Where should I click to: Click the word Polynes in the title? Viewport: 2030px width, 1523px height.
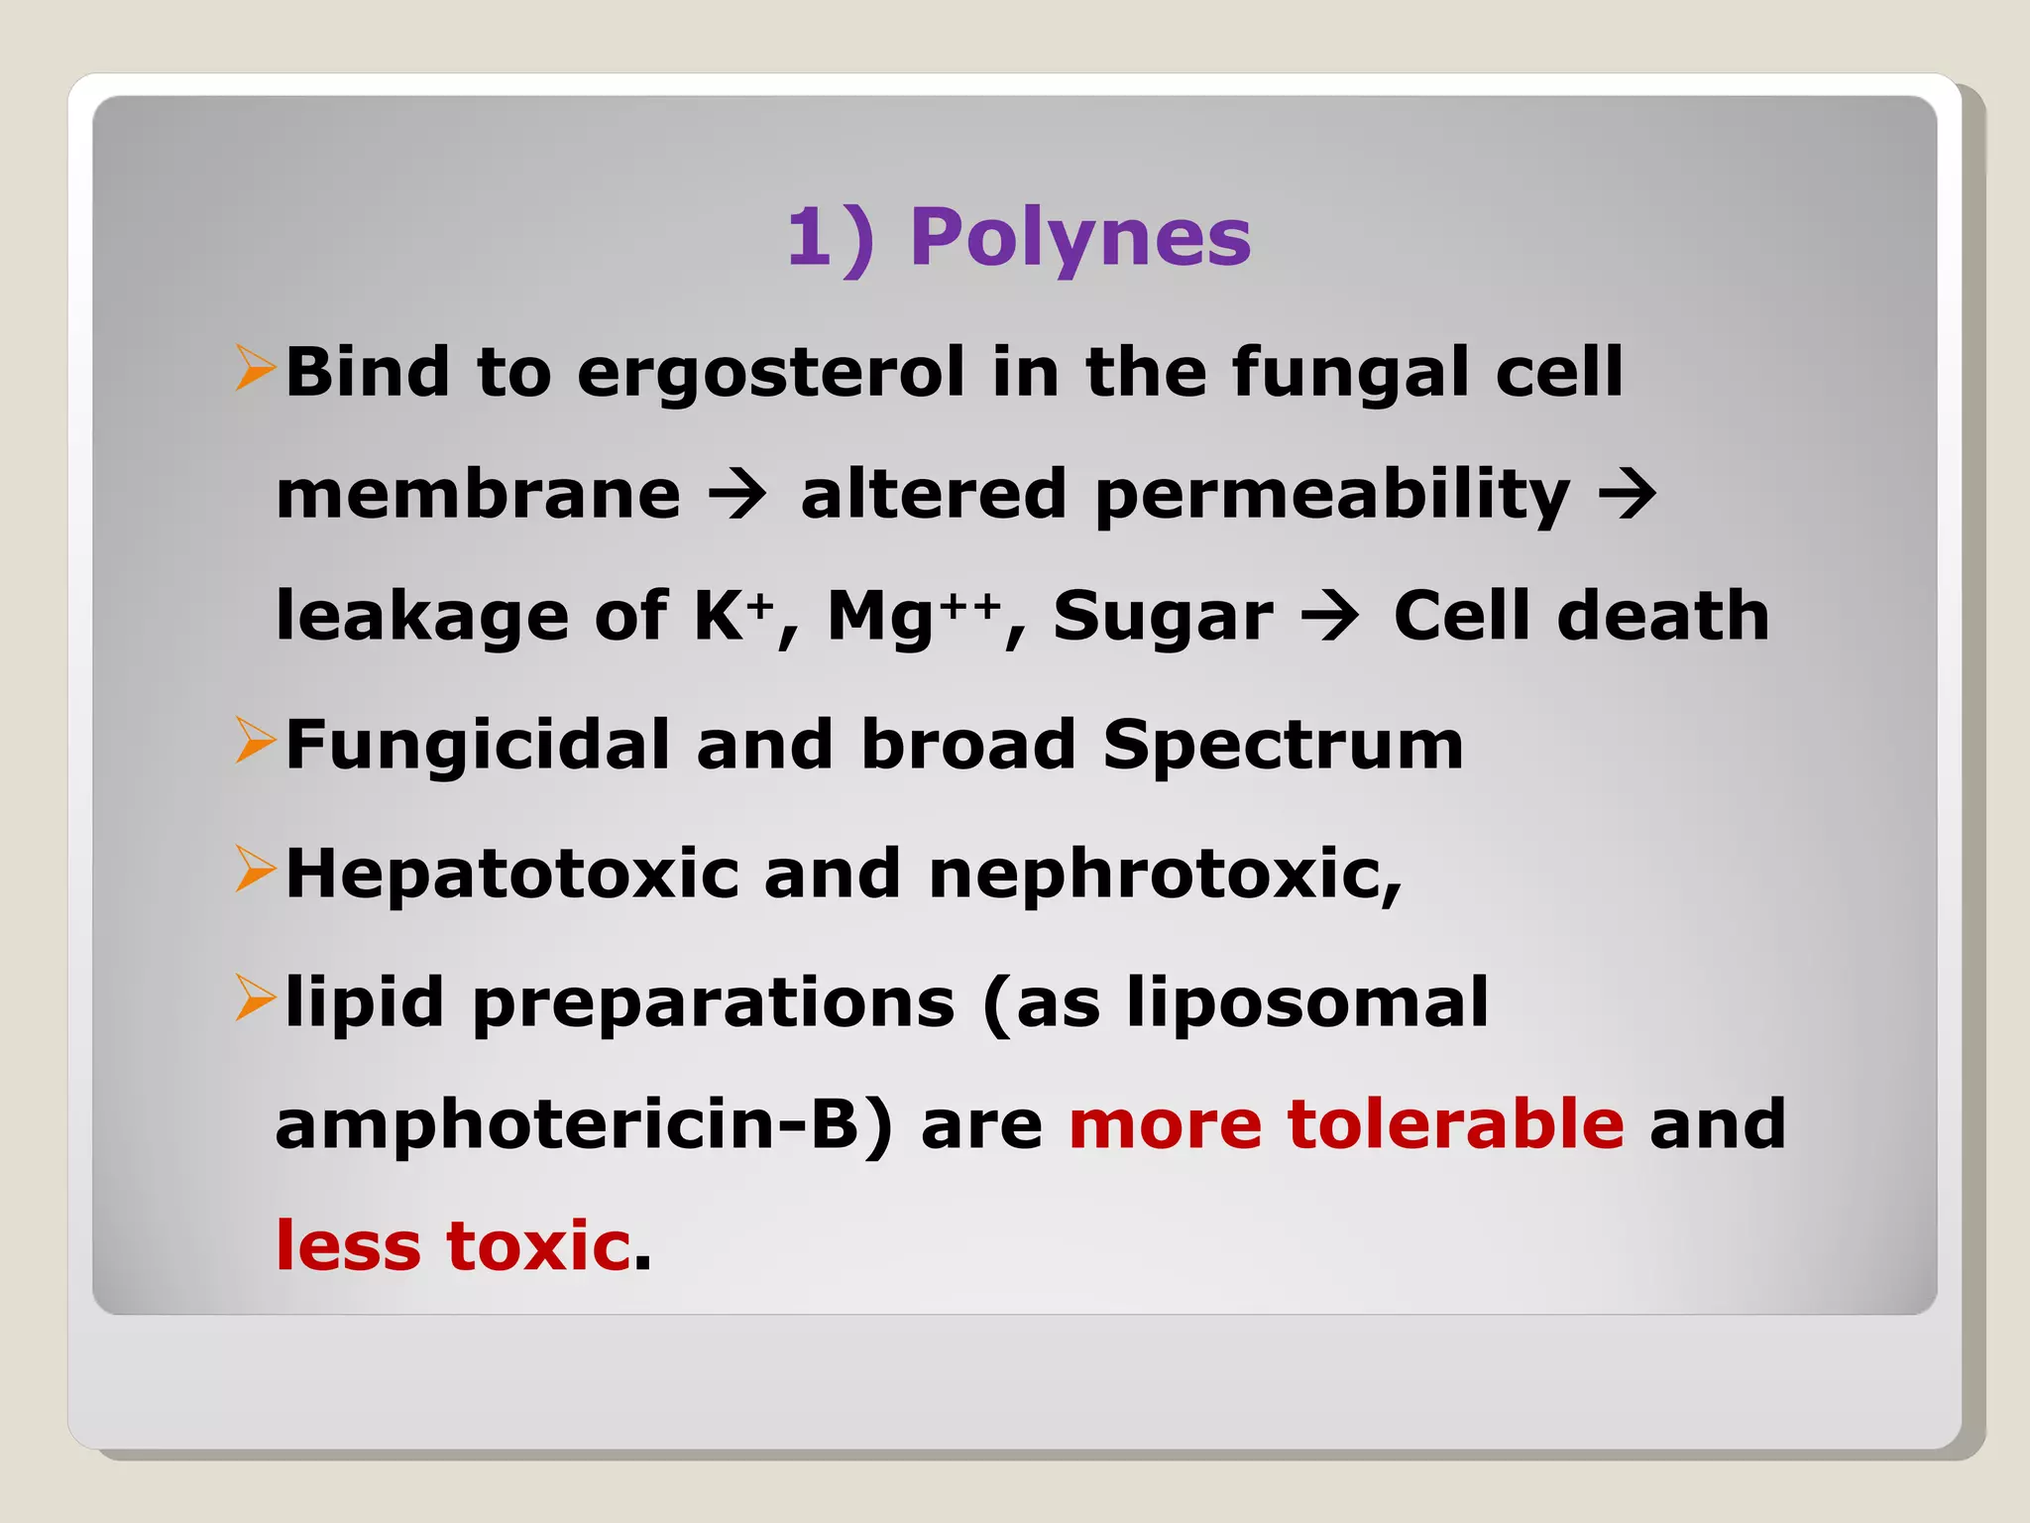click(1080, 238)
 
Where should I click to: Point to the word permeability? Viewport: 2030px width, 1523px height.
click(1332, 496)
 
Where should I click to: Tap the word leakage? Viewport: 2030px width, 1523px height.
click(422, 616)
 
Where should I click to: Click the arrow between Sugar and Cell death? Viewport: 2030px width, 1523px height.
click(1331, 616)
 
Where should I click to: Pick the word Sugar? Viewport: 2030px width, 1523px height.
click(1163, 618)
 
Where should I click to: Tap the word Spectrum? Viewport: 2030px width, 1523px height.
click(1283, 747)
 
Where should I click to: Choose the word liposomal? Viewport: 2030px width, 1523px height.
click(1307, 1003)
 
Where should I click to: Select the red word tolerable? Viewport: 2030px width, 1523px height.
click(1455, 1124)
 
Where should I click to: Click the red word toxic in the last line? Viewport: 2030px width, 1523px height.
click(538, 1245)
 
